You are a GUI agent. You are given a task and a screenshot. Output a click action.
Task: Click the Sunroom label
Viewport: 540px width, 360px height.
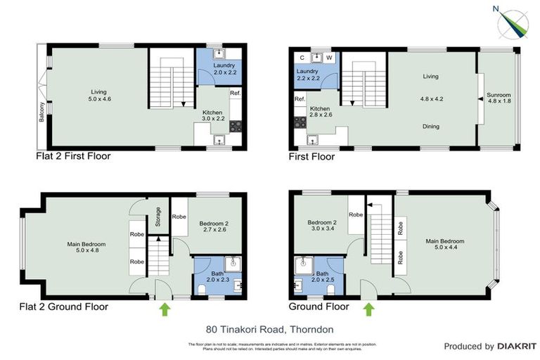point(499,94)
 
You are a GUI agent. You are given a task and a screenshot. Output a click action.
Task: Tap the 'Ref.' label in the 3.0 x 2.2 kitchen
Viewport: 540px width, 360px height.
point(235,93)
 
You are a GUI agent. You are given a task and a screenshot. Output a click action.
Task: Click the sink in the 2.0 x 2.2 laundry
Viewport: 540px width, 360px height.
point(219,53)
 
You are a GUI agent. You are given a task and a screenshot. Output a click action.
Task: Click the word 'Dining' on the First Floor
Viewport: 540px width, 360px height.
point(431,127)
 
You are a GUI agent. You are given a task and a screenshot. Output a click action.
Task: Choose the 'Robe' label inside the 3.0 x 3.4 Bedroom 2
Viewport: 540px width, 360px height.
point(356,215)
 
